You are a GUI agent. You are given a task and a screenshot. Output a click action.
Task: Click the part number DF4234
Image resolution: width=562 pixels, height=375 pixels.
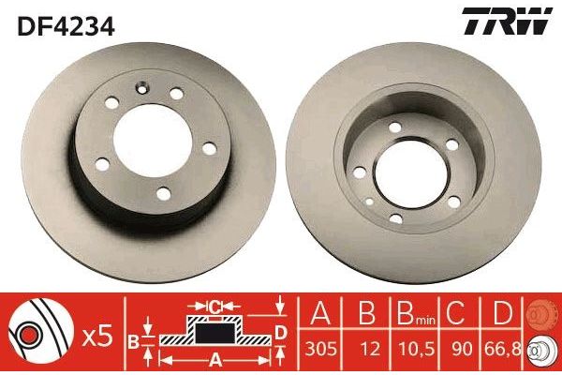tap(66, 26)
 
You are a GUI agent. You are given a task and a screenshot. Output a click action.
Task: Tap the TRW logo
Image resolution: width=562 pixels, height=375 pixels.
tap(507, 21)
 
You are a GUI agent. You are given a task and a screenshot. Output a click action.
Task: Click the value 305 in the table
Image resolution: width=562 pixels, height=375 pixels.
tap(320, 349)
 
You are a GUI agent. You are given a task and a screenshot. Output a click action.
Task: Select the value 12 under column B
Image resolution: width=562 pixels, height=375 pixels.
tap(370, 349)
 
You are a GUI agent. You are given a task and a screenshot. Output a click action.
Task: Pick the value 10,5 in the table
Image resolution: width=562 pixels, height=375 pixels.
tap(415, 349)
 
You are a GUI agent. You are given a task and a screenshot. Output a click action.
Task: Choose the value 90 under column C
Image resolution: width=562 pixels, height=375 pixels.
tap(462, 349)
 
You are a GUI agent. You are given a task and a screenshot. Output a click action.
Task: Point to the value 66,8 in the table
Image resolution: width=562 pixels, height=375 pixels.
tap(502, 349)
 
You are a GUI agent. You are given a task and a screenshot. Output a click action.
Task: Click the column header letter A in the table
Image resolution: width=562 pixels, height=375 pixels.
tap(320, 313)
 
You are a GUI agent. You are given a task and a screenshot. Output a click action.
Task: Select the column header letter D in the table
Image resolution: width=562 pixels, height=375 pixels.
tap(502, 313)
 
